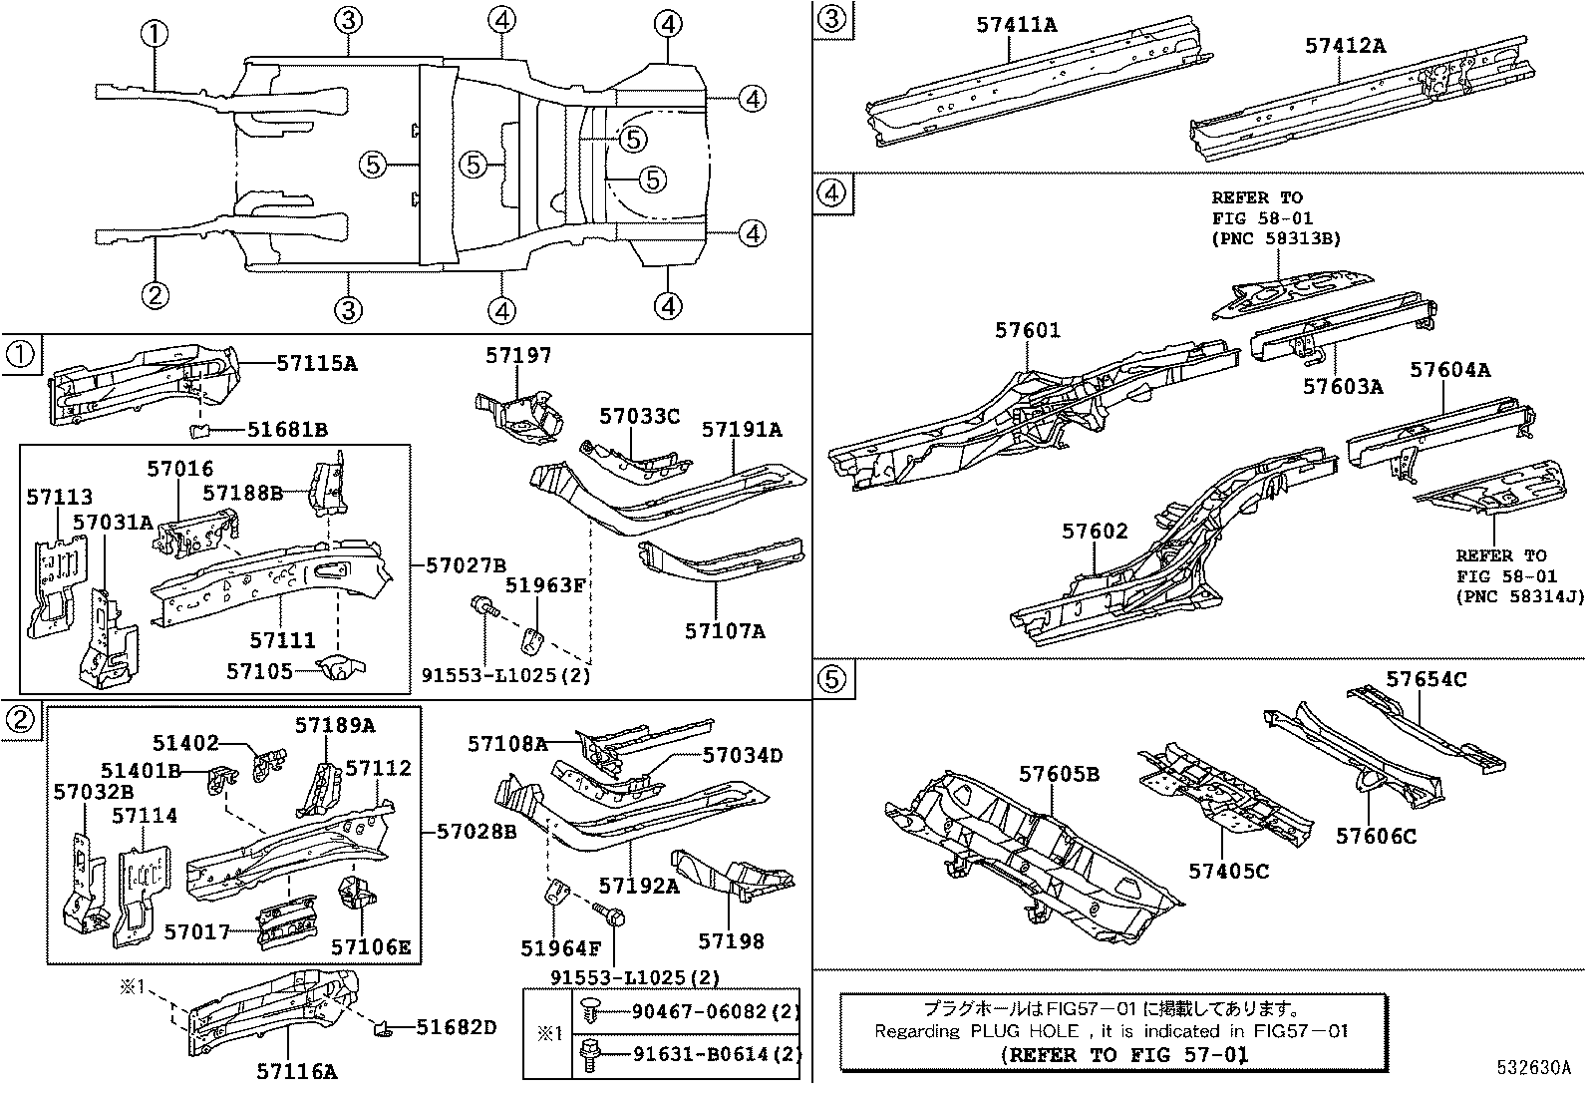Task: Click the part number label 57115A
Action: click(x=316, y=364)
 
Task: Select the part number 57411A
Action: click(x=1016, y=24)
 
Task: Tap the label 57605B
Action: click(x=1059, y=774)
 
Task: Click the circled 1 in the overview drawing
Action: click(x=155, y=35)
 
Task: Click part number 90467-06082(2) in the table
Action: click(x=716, y=1012)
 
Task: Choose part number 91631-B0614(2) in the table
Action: click(x=716, y=1053)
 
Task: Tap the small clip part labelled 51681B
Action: click(x=199, y=431)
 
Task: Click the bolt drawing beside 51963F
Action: click(x=484, y=605)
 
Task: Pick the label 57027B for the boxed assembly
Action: click(x=466, y=565)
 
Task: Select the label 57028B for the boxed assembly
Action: click(x=475, y=830)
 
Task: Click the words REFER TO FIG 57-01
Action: click(x=1123, y=1053)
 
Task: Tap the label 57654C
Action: click(x=1426, y=679)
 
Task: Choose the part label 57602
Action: click(x=1095, y=531)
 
